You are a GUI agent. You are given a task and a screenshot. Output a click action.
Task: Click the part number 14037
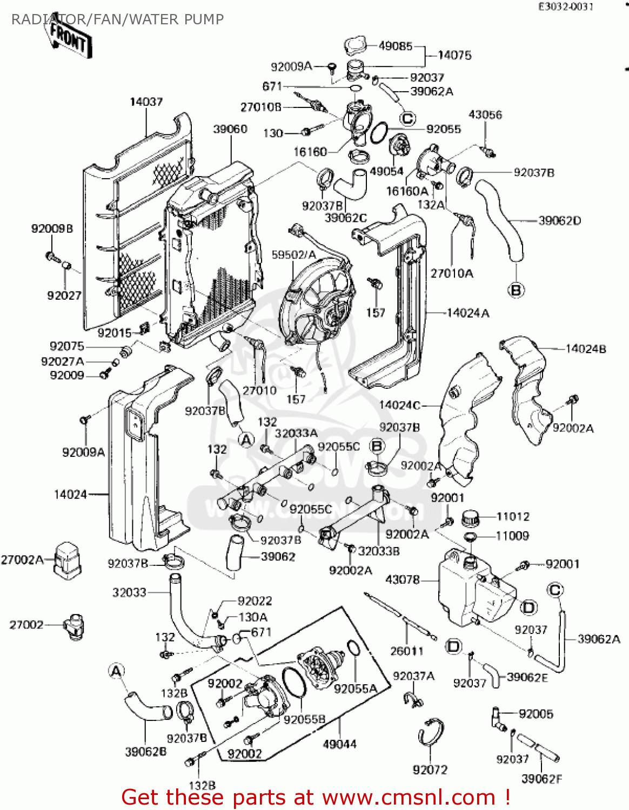pyautogui.click(x=146, y=102)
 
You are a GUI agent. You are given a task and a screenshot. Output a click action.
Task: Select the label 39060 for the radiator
pyautogui.click(x=230, y=129)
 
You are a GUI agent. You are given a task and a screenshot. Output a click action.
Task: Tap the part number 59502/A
pyautogui.click(x=293, y=254)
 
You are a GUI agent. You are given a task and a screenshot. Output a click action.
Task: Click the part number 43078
pyautogui.click(x=402, y=579)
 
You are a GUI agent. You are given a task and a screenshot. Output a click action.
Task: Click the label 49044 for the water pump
pyautogui.click(x=339, y=744)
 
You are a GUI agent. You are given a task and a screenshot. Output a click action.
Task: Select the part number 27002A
pyautogui.click(x=22, y=559)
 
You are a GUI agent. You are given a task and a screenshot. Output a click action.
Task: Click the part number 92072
pyautogui.click(x=430, y=769)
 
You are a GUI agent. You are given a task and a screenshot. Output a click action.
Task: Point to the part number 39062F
pyautogui.click(x=541, y=779)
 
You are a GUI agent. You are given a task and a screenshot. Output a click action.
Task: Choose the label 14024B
pyautogui.click(x=586, y=349)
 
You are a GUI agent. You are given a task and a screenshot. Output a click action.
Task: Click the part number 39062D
pyautogui.click(x=560, y=220)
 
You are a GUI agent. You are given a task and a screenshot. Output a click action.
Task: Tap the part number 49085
pyautogui.click(x=396, y=46)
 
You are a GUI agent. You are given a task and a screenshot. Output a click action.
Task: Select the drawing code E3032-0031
pyautogui.click(x=566, y=6)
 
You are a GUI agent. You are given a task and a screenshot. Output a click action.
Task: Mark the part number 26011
pyautogui.click(x=407, y=651)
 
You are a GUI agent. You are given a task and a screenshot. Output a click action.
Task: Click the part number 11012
pyautogui.click(x=513, y=516)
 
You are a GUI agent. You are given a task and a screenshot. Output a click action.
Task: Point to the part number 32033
pyautogui.click(x=129, y=592)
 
